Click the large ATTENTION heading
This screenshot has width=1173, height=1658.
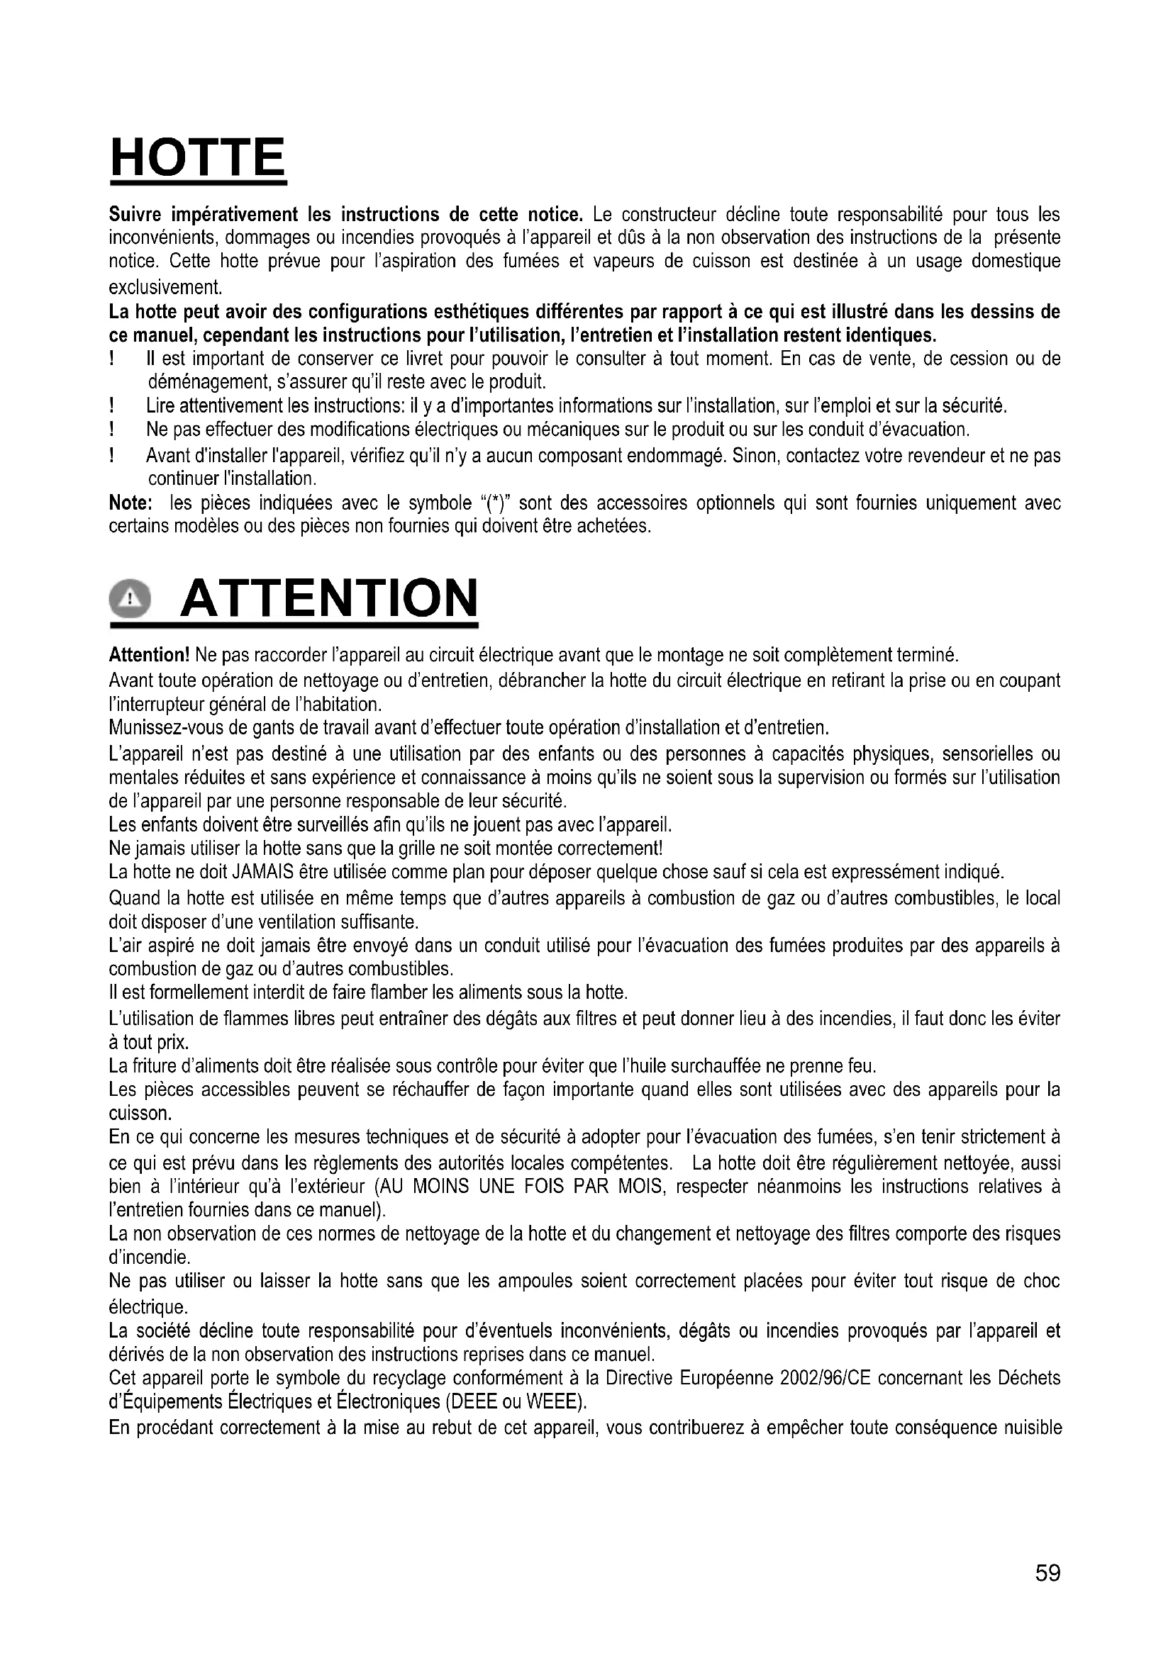pyautogui.click(x=328, y=598)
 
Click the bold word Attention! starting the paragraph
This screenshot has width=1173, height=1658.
pyautogui.click(x=149, y=655)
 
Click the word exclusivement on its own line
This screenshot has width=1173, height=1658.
pyautogui.click(x=165, y=287)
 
